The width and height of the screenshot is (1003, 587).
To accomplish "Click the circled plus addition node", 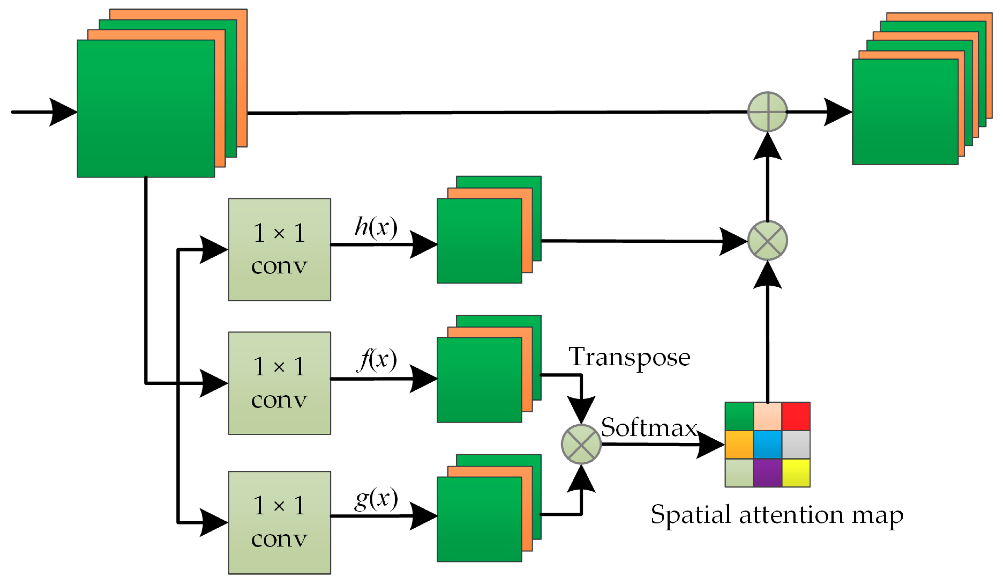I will [767, 112].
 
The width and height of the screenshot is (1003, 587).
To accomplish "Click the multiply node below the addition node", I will [767, 241].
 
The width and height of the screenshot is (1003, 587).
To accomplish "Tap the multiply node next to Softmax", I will [581, 444].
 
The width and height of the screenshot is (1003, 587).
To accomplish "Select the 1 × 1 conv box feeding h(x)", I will [279, 249].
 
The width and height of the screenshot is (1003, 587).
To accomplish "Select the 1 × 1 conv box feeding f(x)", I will [279, 383].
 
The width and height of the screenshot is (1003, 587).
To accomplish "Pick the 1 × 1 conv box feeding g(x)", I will [279, 523].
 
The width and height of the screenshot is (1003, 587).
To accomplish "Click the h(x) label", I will [376, 228].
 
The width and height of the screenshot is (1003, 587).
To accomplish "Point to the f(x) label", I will [377, 359].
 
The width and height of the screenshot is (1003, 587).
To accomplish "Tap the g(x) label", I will [376, 499].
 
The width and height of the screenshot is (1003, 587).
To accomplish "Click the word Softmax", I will [649, 428].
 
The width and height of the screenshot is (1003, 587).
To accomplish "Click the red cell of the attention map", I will [796, 416].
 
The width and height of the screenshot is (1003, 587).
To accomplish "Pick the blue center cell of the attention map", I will [767, 445].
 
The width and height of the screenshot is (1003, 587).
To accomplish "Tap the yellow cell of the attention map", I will [796, 473].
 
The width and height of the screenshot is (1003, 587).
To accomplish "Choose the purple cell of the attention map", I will [767, 473].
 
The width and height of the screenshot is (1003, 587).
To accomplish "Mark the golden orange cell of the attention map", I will [739, 445].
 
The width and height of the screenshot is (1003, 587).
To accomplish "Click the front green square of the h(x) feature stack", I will [479, 241].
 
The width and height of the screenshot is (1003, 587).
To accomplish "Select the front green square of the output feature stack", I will [905, 112].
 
